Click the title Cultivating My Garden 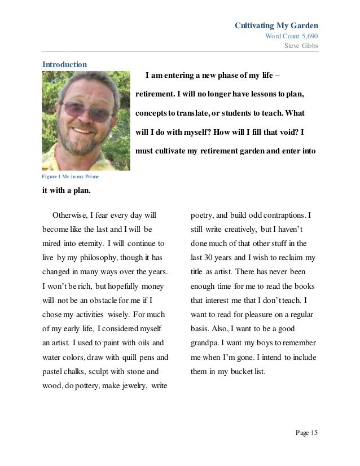click(276, 25)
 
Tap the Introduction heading click(65, 64)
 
